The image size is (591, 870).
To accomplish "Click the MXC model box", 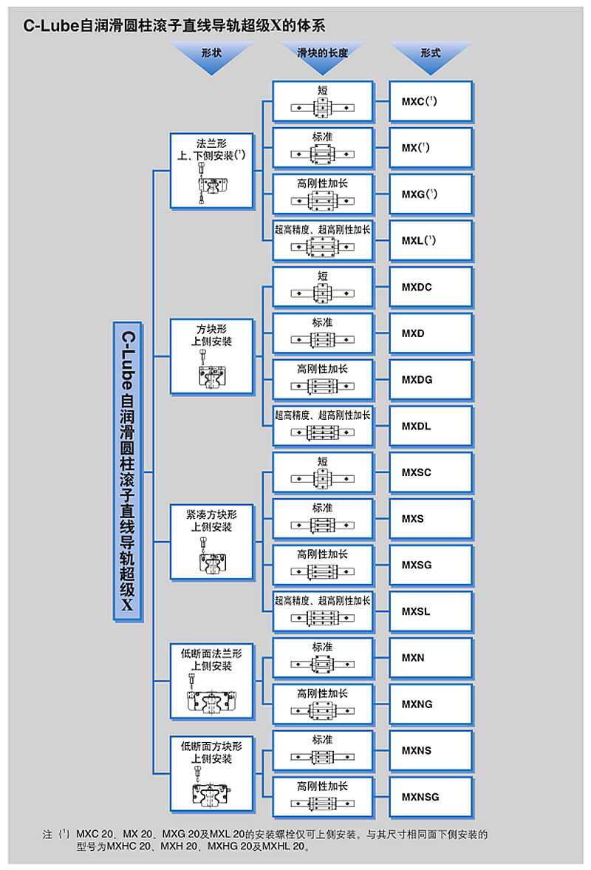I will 431,101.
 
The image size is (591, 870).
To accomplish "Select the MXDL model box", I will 431,426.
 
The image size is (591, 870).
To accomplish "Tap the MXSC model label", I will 417,472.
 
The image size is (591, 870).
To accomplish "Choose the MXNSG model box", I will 431,797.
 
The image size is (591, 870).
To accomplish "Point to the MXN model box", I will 431,658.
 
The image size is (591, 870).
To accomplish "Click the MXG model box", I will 431,194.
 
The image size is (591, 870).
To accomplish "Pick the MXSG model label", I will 417,565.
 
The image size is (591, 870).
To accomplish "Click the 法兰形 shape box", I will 213,170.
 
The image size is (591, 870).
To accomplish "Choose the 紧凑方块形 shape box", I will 213,542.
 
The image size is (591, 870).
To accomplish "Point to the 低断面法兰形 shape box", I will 213,681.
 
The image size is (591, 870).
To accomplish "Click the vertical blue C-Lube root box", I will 128,472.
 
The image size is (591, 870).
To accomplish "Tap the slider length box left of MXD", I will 322,333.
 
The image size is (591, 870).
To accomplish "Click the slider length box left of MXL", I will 322,241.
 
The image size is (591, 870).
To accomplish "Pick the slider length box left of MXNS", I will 322,750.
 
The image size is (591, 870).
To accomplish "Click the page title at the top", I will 174,25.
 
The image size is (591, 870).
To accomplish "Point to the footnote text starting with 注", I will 266,841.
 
